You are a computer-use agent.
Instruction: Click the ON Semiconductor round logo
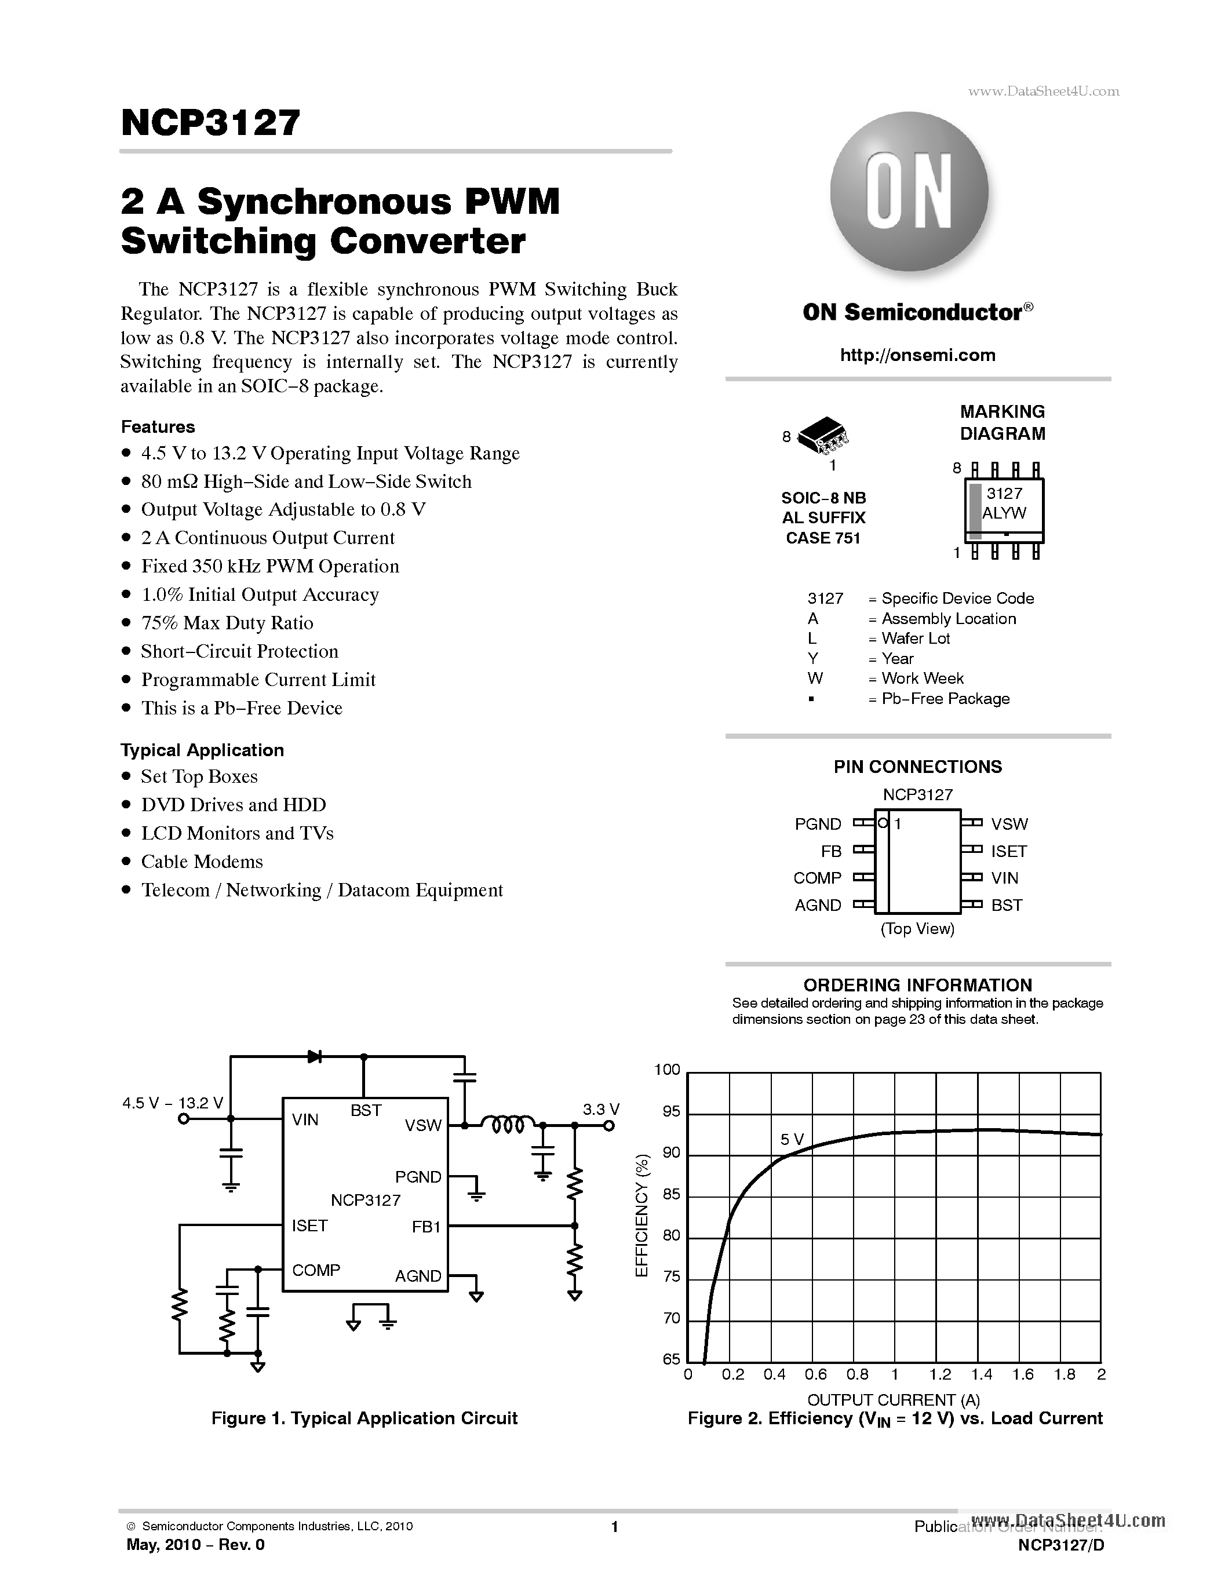[x=909, y=191]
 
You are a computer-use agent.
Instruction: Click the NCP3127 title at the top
[x=210, y=123]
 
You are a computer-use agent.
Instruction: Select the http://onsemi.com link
[x=917, y=355]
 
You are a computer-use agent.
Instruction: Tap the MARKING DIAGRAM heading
[x=1002, y=422]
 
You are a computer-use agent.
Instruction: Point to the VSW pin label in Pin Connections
[x=1009, y=824]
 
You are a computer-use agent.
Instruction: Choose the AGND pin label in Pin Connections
[x=818, y=905]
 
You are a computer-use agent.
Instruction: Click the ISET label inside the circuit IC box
[x=309, y=1225]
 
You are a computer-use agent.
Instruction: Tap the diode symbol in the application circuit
[x=315, y=1056]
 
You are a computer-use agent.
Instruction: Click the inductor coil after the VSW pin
[x=509, y=1125]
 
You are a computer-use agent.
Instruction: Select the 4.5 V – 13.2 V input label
[x=173, y=1103]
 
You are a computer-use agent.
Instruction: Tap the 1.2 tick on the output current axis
[x=940, y=1374]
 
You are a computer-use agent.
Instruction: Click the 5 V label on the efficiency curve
[x=792, y=1139]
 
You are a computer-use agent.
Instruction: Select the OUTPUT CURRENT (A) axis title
[x=894, y=1399]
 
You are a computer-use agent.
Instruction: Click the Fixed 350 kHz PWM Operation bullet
[x=270, y=566]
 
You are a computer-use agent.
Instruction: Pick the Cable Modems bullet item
[x=202, y=862]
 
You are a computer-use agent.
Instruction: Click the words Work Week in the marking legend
[x=922, y=679]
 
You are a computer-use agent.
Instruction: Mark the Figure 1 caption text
[x=364, y=1418]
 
